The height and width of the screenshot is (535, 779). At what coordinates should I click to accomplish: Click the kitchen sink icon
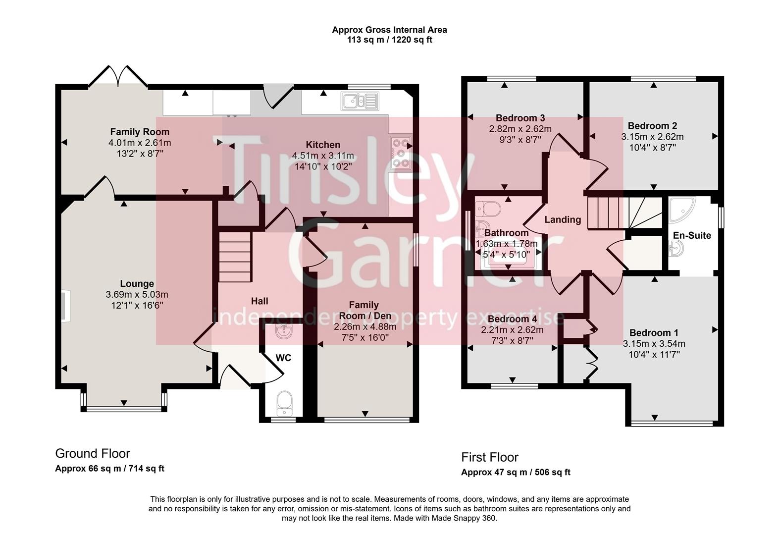[x=360, y=101]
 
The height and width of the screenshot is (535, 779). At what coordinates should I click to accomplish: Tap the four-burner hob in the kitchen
[x=400, y=153]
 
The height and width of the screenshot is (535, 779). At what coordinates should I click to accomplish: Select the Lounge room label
[x=137, y=284]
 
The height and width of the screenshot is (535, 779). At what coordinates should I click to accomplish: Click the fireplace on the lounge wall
[x=65, y=306]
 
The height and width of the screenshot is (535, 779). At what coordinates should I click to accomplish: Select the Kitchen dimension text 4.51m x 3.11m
[x=323, y=156]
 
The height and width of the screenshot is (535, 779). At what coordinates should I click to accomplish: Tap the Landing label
[x=563, y=219]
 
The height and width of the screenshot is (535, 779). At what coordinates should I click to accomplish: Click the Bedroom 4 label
[x=512, y=319]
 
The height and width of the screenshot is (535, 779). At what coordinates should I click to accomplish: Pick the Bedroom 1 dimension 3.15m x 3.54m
[x=654, y=344]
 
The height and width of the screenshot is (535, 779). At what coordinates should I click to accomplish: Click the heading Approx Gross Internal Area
[x=389, y=30]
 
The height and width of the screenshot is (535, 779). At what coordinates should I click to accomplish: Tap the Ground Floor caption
[x=93, y=453]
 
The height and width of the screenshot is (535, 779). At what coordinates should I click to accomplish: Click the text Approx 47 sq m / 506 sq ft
[x=516, y=472]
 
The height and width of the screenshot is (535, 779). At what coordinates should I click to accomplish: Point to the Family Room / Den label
[x=364, y=310]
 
